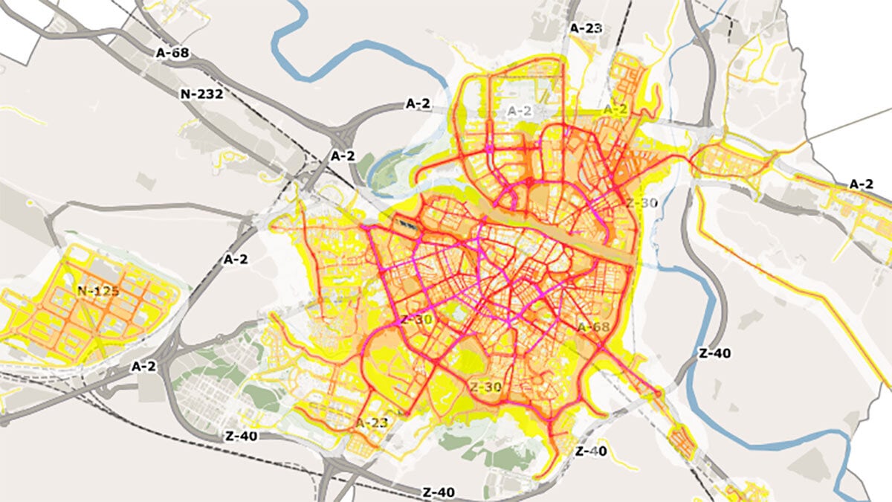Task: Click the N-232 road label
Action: tap(202, 94)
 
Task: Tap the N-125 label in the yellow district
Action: tap(97, 291)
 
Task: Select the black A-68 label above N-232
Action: tap(172, 53)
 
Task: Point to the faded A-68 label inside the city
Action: tap(593, 327)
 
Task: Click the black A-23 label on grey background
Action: tap(585, 28)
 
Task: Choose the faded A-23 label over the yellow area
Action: tap(372, 422)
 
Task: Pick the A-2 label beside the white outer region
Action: tap(861, 184)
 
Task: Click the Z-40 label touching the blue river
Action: tap(714, 353)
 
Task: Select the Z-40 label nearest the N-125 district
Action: tap(240, 437)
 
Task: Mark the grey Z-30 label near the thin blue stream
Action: tap(641, 203)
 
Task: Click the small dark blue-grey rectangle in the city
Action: tap(406, 222)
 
